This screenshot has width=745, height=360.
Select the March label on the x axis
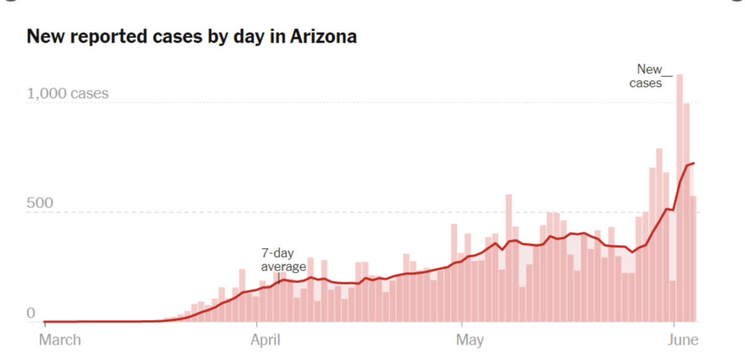coord(60,340)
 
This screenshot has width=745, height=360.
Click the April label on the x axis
coord(264,340)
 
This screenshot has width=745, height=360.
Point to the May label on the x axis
coord(469,340)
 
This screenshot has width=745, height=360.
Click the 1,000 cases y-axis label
coord(68,94)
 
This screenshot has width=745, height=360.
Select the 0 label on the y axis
coord(31,313)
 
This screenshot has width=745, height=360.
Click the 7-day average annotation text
coord(283,260)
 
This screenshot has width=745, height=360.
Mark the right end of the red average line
coord(694,163)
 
